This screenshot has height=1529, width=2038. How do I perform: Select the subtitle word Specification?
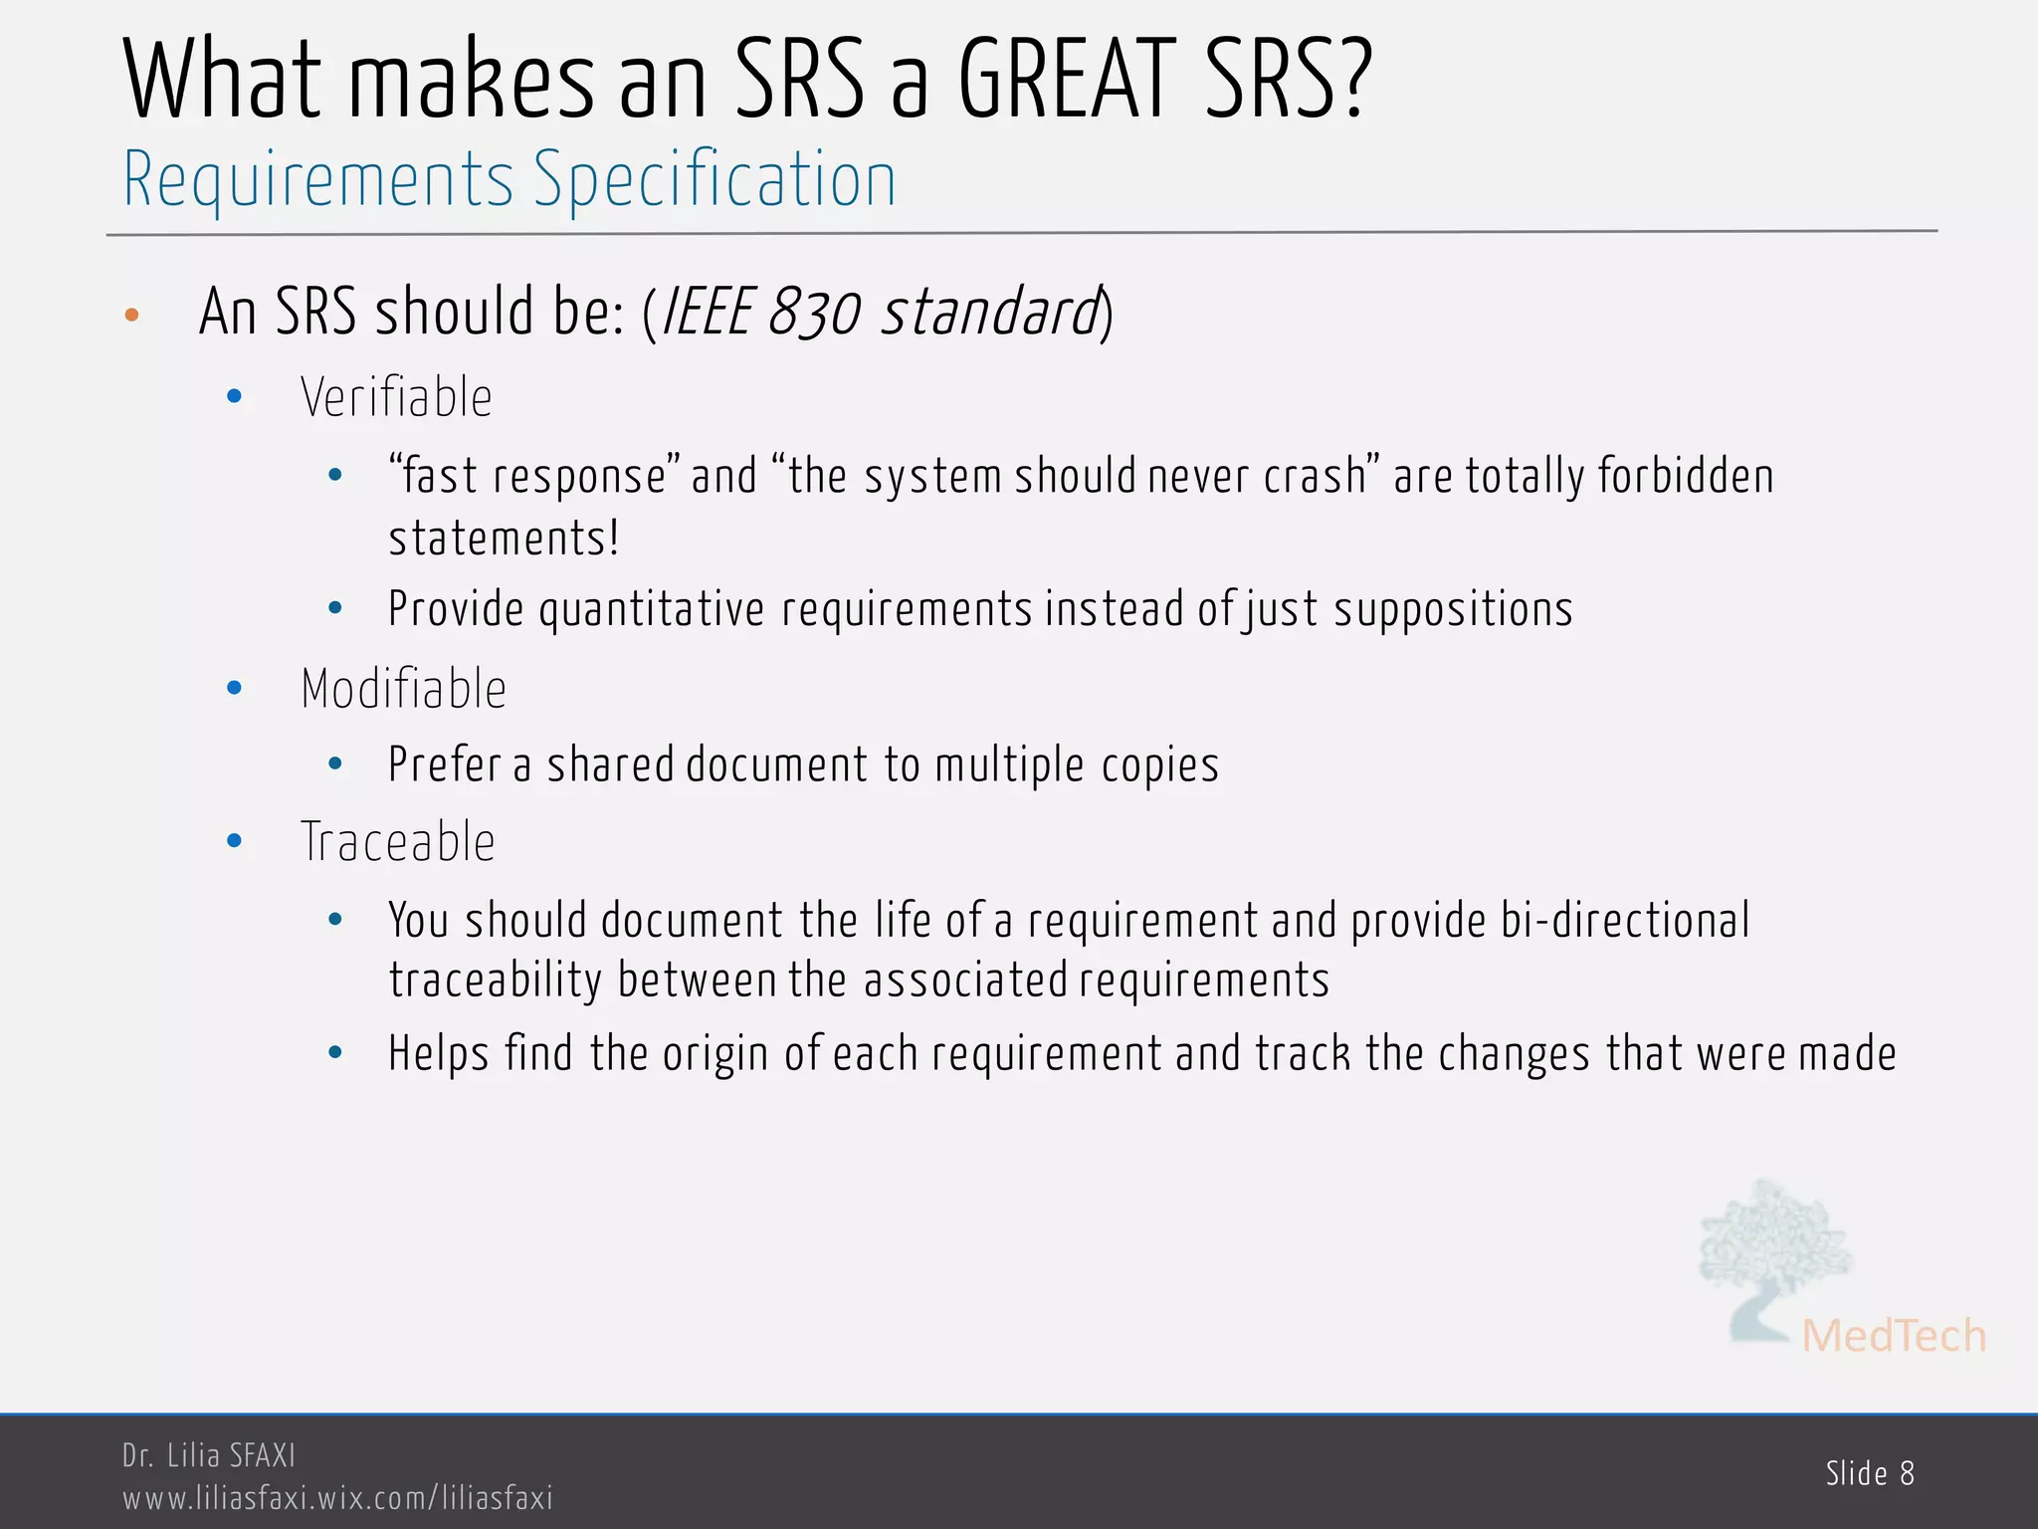[x=714, y=180]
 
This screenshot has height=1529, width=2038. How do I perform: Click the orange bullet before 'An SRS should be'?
[x=132, y=316]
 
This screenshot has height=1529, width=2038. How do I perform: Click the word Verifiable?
[x=396, y=398]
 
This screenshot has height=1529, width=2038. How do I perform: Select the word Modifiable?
[x=403, y=689]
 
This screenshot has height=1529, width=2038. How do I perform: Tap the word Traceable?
[x=397, y=842]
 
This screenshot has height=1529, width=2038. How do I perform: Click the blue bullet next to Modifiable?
[x=235, y=688]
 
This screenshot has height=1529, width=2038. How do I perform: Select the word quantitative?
[x=651, y=610]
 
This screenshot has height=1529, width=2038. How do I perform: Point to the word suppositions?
[x=1453, y=610]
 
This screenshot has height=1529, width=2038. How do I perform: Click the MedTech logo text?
[x=1893, y=1336]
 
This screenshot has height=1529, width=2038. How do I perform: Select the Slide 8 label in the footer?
[x=1870, y=1473]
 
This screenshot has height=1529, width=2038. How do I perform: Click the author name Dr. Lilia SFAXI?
[x=209, y=1455]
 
